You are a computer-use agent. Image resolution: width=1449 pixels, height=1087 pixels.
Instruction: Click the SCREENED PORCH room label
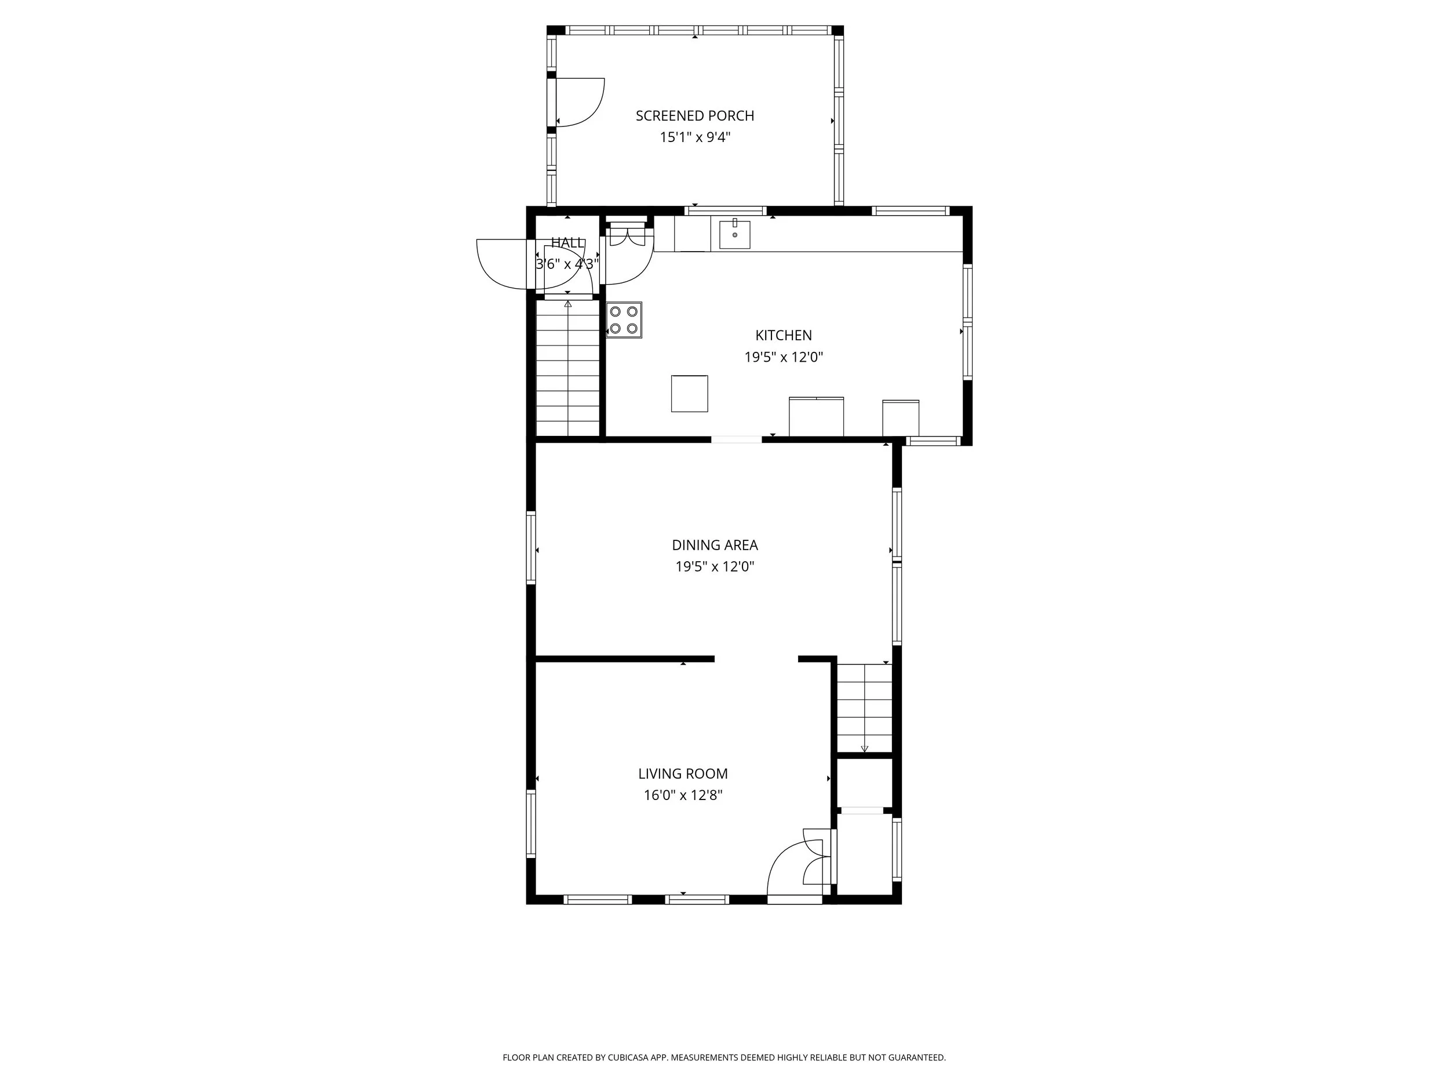694,116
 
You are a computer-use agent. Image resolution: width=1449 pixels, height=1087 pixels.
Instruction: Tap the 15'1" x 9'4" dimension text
694,137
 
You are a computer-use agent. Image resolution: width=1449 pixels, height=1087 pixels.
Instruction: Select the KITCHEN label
784,336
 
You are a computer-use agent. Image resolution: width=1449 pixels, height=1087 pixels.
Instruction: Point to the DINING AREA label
715,545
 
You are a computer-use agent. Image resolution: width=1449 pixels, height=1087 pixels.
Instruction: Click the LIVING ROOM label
683,774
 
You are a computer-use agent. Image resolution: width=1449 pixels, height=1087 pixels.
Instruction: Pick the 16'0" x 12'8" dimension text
683,795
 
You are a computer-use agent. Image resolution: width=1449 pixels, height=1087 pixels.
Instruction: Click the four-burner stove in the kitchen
624,320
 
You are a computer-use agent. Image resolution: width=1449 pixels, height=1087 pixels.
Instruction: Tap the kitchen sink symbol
735,234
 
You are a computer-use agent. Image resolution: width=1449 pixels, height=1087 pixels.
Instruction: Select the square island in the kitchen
689,394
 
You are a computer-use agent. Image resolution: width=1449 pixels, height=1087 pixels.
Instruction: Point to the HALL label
567,243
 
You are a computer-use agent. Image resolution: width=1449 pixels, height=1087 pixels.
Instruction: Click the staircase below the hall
568,368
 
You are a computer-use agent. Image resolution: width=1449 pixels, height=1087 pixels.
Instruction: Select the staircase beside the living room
864,708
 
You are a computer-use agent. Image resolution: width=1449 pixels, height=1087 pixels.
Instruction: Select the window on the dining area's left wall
531,548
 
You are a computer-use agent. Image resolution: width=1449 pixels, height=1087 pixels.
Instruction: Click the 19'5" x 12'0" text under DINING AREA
715,567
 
